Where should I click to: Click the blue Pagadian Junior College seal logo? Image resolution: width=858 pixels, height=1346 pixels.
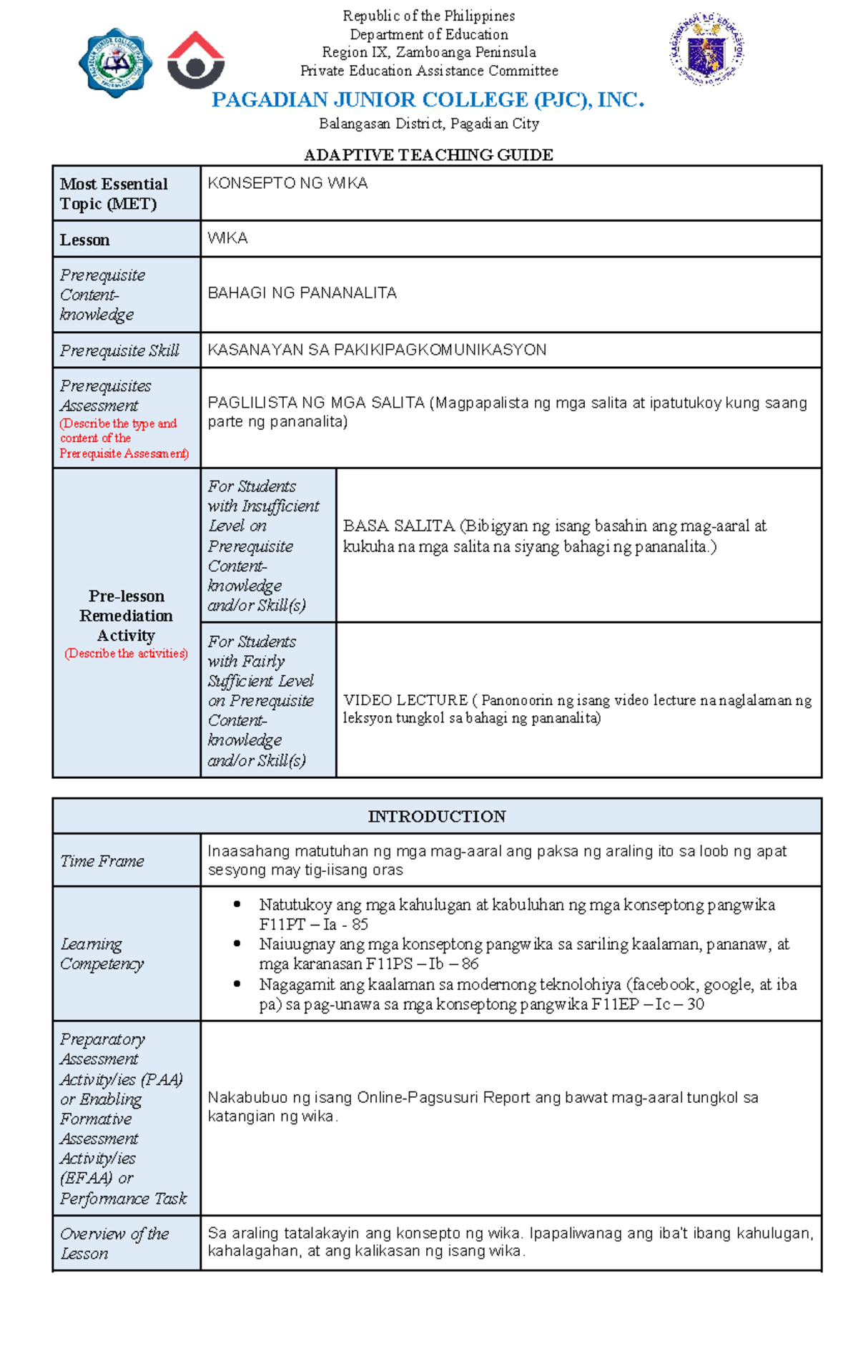(x=114, y=63)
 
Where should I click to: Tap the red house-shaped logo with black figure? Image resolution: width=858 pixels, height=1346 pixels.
(x=196, y=61)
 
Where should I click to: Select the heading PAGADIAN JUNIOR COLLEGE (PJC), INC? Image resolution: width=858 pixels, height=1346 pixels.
(x=428, y=100)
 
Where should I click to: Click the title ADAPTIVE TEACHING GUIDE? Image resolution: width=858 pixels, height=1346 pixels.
(x=428, y=155)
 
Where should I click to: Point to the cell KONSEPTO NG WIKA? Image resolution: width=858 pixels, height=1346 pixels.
(x=287, y=184)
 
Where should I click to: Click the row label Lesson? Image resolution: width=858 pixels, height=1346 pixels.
(x=84, y=240)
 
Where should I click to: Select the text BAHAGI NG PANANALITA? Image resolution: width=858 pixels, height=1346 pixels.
(x=302, y=293)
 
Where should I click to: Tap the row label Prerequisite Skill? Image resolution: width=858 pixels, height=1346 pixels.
(x=119, y=350)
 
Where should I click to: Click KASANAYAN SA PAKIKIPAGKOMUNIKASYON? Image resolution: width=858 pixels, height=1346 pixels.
(x=377, y=350)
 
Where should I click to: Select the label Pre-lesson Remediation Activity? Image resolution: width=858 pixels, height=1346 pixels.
(x=127, y=616)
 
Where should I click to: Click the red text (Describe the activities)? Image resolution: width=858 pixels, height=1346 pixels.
(x=127, y=654)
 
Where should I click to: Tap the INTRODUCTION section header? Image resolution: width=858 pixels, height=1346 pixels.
(x=437, y=817)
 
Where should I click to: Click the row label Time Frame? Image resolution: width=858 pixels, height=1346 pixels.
(x=102, y=861)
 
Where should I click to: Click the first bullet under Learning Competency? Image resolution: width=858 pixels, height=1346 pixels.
(x=237, y=905)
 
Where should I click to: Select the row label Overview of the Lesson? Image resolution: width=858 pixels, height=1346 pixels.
(x=114, y=1244)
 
